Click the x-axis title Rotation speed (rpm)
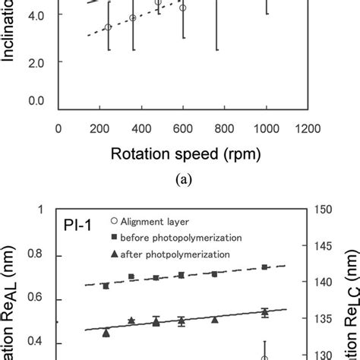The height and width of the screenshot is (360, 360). [186, 154]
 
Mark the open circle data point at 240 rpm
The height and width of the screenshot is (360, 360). [108, 27]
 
